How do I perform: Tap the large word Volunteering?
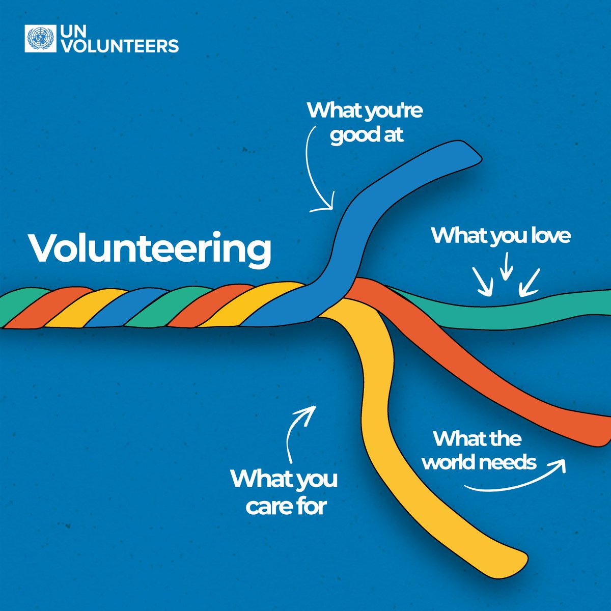150,248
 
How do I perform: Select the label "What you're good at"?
365,123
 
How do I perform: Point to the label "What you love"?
501,236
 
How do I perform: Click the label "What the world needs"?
479,450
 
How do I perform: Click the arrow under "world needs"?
514,481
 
